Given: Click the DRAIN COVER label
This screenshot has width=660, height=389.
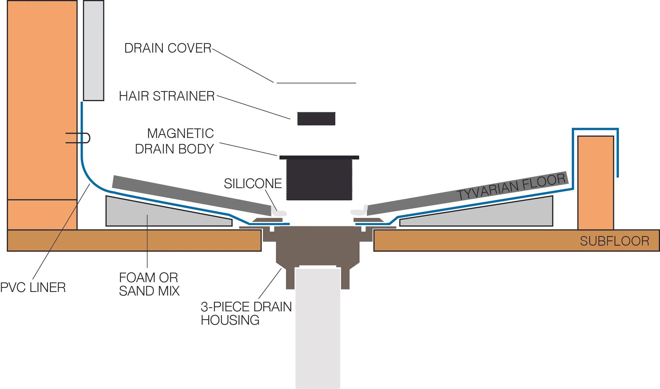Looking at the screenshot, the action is [168, 48].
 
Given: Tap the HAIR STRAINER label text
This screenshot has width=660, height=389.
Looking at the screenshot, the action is [167, 96].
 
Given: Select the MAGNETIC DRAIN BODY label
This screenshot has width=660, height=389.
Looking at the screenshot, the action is [174, 141].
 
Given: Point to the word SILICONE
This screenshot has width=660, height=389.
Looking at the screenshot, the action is [253, 183].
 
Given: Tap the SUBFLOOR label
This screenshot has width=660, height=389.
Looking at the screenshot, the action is [615, 241].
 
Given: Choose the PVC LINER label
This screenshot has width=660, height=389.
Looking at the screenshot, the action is [33, 288].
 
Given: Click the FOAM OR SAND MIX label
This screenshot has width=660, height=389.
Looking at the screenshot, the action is [149, 284].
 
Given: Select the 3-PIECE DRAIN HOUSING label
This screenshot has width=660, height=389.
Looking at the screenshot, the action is [246, 313].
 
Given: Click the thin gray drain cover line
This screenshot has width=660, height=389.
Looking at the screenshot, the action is [316, 83].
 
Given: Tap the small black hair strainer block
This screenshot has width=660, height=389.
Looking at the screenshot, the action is [316, 119].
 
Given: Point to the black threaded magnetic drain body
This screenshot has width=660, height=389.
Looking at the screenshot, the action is [319, 178].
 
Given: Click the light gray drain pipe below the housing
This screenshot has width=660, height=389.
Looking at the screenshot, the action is [318, 327].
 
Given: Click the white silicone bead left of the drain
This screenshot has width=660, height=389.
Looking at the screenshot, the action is [279, 212].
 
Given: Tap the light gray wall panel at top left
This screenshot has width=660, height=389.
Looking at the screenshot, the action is [93, 51].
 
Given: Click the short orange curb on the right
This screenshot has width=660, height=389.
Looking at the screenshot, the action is [595, 183].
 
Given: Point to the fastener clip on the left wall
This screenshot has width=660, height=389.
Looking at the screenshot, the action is [78, 138].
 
